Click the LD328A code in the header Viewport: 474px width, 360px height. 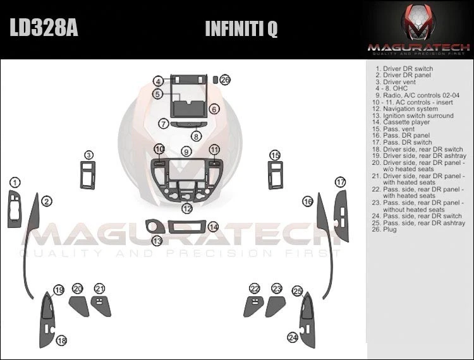(x=44, y=29)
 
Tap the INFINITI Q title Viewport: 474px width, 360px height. (x=241, y=30)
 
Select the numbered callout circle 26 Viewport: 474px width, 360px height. (x=226, y=80)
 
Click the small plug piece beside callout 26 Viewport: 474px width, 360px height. (x=215, y=80)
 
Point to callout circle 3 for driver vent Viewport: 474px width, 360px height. (x=89, y=155)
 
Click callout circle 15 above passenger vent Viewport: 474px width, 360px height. (x=275, y=155)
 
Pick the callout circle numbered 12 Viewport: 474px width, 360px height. (x=187, y=208)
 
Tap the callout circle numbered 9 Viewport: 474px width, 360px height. (x=186, y=152)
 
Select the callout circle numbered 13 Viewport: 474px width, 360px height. (x=157, y=241)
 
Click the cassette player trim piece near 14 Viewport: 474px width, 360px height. (x=188, y=227)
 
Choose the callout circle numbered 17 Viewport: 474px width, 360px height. (x=341, y=183)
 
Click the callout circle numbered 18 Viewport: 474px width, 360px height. (x=61, y=341)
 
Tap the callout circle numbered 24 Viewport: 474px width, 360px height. (x=293, y=337)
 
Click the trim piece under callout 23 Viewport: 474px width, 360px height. (x=275, y=307)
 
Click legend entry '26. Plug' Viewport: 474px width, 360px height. (x=390, y=230)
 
